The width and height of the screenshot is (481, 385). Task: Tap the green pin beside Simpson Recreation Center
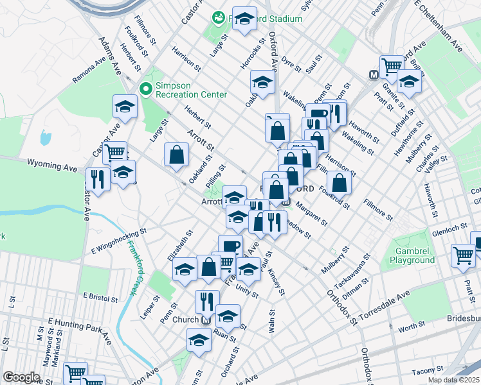pos(145,89)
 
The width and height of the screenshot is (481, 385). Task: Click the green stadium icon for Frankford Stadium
pos(219,18)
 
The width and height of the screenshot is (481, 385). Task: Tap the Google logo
pos(21,377)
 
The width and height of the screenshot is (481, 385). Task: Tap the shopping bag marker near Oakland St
pos(176,154)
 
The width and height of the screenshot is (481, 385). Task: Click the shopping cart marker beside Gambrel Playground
pos(463,255)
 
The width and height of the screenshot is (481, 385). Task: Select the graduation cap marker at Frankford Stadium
pos(244,19)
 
